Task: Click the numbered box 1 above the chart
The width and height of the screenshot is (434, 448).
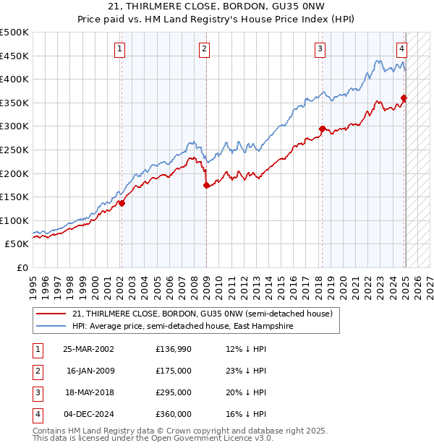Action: tap(121, 49)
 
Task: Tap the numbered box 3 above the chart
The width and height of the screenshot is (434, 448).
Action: tap(320, 49)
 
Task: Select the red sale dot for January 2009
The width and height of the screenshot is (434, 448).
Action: tap(206, 185)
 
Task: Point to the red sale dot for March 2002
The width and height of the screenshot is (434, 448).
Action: tap(122, 203)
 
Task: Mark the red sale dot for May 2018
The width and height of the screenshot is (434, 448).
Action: tap(322, 129)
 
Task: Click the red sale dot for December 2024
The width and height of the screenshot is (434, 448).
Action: tap(404, 98)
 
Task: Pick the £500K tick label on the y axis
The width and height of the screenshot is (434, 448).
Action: tap(14, 33)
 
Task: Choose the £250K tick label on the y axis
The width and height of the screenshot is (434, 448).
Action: tap(14, 150)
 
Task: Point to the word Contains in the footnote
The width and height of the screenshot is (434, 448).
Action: tap(50, 430)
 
